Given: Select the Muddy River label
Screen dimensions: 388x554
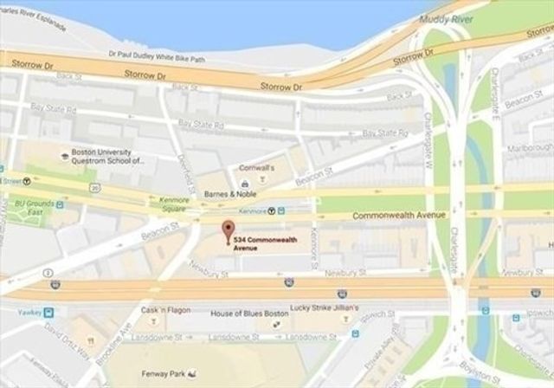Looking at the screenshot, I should click(x=442, y=17).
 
